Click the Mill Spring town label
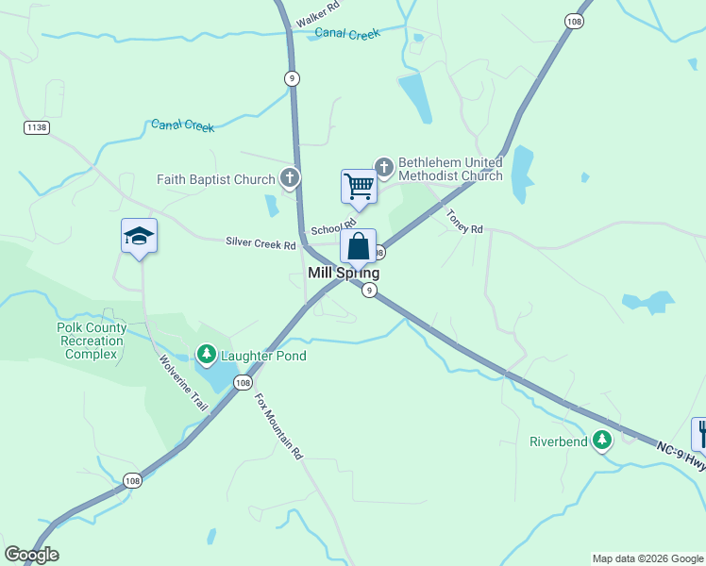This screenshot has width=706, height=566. coord(344,273)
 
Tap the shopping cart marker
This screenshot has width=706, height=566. coord(359,186)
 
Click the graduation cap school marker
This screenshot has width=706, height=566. coord(139,236)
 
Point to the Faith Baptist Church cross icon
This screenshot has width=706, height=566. coord(289,178)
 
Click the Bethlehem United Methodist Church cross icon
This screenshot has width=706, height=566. coord(383,168)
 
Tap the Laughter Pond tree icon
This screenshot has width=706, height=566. coord(207,355)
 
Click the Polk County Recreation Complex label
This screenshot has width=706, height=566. coord(91,341)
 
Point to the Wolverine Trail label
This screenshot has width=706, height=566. coord(182,382)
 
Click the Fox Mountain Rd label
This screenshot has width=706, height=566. coord(278,425)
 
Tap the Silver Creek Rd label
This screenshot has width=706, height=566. coord(261,242)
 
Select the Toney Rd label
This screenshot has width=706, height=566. coord(464,222)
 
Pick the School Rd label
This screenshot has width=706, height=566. coord(326,229)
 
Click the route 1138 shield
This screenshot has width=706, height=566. coord(37,127)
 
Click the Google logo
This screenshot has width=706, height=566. coord(31,555)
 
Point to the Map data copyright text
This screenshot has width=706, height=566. coord(647,558)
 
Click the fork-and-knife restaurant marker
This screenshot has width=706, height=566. coord(699,433)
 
